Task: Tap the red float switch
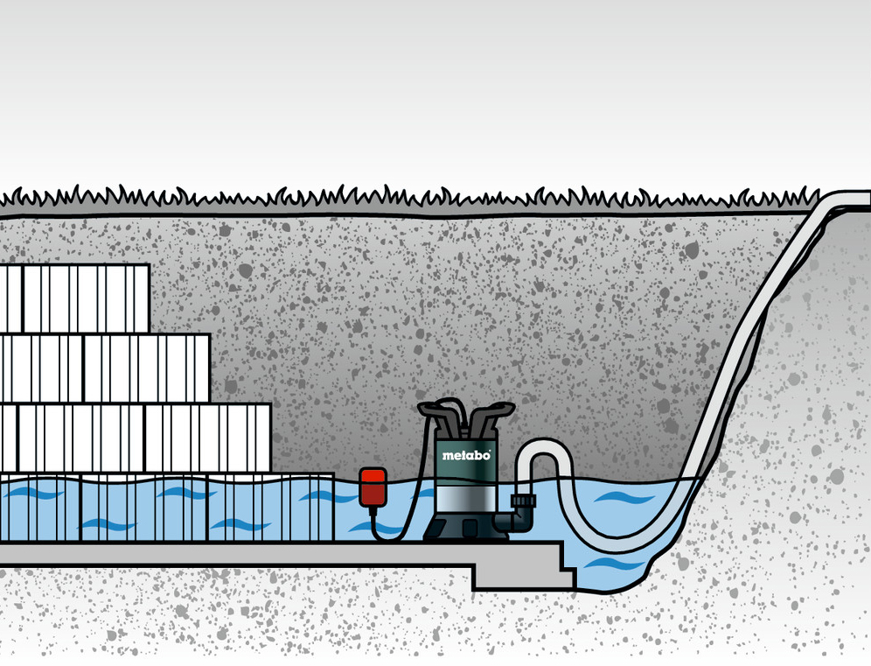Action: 373,487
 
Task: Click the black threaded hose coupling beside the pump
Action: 522,503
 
